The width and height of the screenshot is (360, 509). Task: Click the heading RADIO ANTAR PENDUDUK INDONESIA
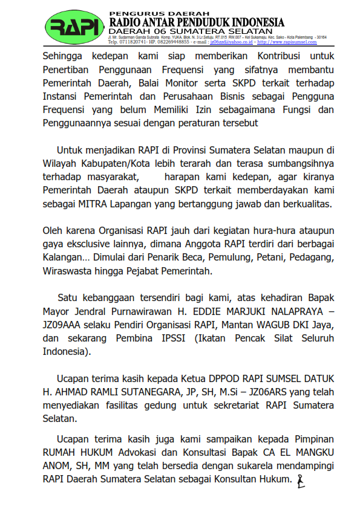197,22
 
